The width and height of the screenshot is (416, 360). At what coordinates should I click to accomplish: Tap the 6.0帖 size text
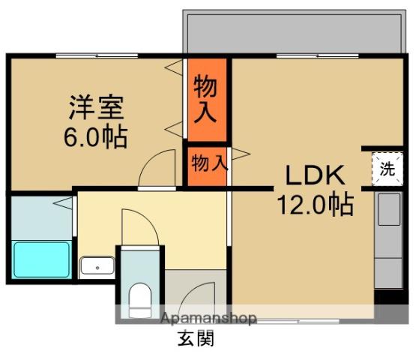[94, 137]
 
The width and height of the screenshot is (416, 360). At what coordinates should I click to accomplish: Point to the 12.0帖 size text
[315, 204]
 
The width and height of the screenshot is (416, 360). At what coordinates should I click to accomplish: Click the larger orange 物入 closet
[206, 99]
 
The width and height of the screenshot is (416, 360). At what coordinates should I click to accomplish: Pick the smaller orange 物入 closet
[207, 163]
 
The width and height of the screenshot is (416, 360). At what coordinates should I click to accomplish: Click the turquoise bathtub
[41, 259]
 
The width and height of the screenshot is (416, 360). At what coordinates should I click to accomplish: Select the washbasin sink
[97, 266]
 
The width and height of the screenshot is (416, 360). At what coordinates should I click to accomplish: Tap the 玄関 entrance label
[196, 339]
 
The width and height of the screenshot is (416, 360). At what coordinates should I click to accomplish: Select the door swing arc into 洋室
[156, 166]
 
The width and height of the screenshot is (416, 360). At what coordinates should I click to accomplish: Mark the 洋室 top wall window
[96, 55]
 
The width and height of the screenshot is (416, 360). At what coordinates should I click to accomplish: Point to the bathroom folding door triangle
[66, 202]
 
